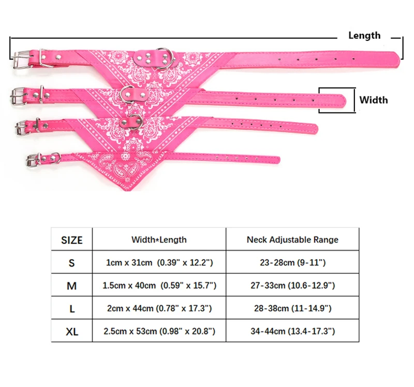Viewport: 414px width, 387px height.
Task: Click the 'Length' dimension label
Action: (x=364, y=35)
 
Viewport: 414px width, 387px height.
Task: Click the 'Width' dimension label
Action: (x=373, y=100)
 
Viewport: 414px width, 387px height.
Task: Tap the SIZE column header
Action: (x=72, y=240)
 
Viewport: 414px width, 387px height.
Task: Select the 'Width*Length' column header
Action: (x=159, y=239)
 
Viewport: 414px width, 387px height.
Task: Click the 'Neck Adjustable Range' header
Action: (x=292, y=239)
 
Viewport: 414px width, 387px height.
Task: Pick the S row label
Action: (x=71, y=263)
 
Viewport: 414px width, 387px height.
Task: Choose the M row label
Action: (x=71, y=286)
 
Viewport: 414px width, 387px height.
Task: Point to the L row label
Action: (x=72, y=308)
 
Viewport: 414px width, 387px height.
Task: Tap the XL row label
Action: (x=72, y=332)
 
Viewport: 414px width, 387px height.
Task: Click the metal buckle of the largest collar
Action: (x=22, y=60)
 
